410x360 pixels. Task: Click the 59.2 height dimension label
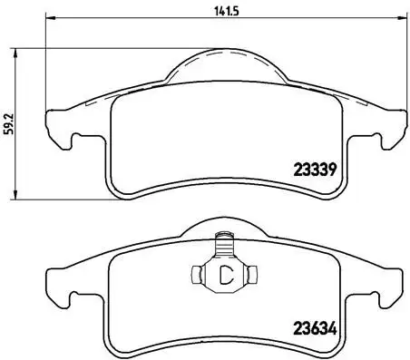coord(9,124)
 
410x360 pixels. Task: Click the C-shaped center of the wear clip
coord(223,276)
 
